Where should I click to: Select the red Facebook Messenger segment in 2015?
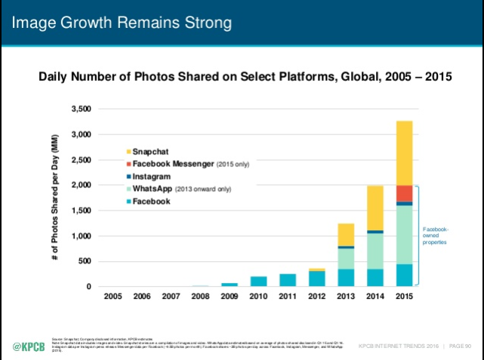coord(404,193)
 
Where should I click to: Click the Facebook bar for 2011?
coord(287,280)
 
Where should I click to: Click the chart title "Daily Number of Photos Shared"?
coord(242,76)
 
